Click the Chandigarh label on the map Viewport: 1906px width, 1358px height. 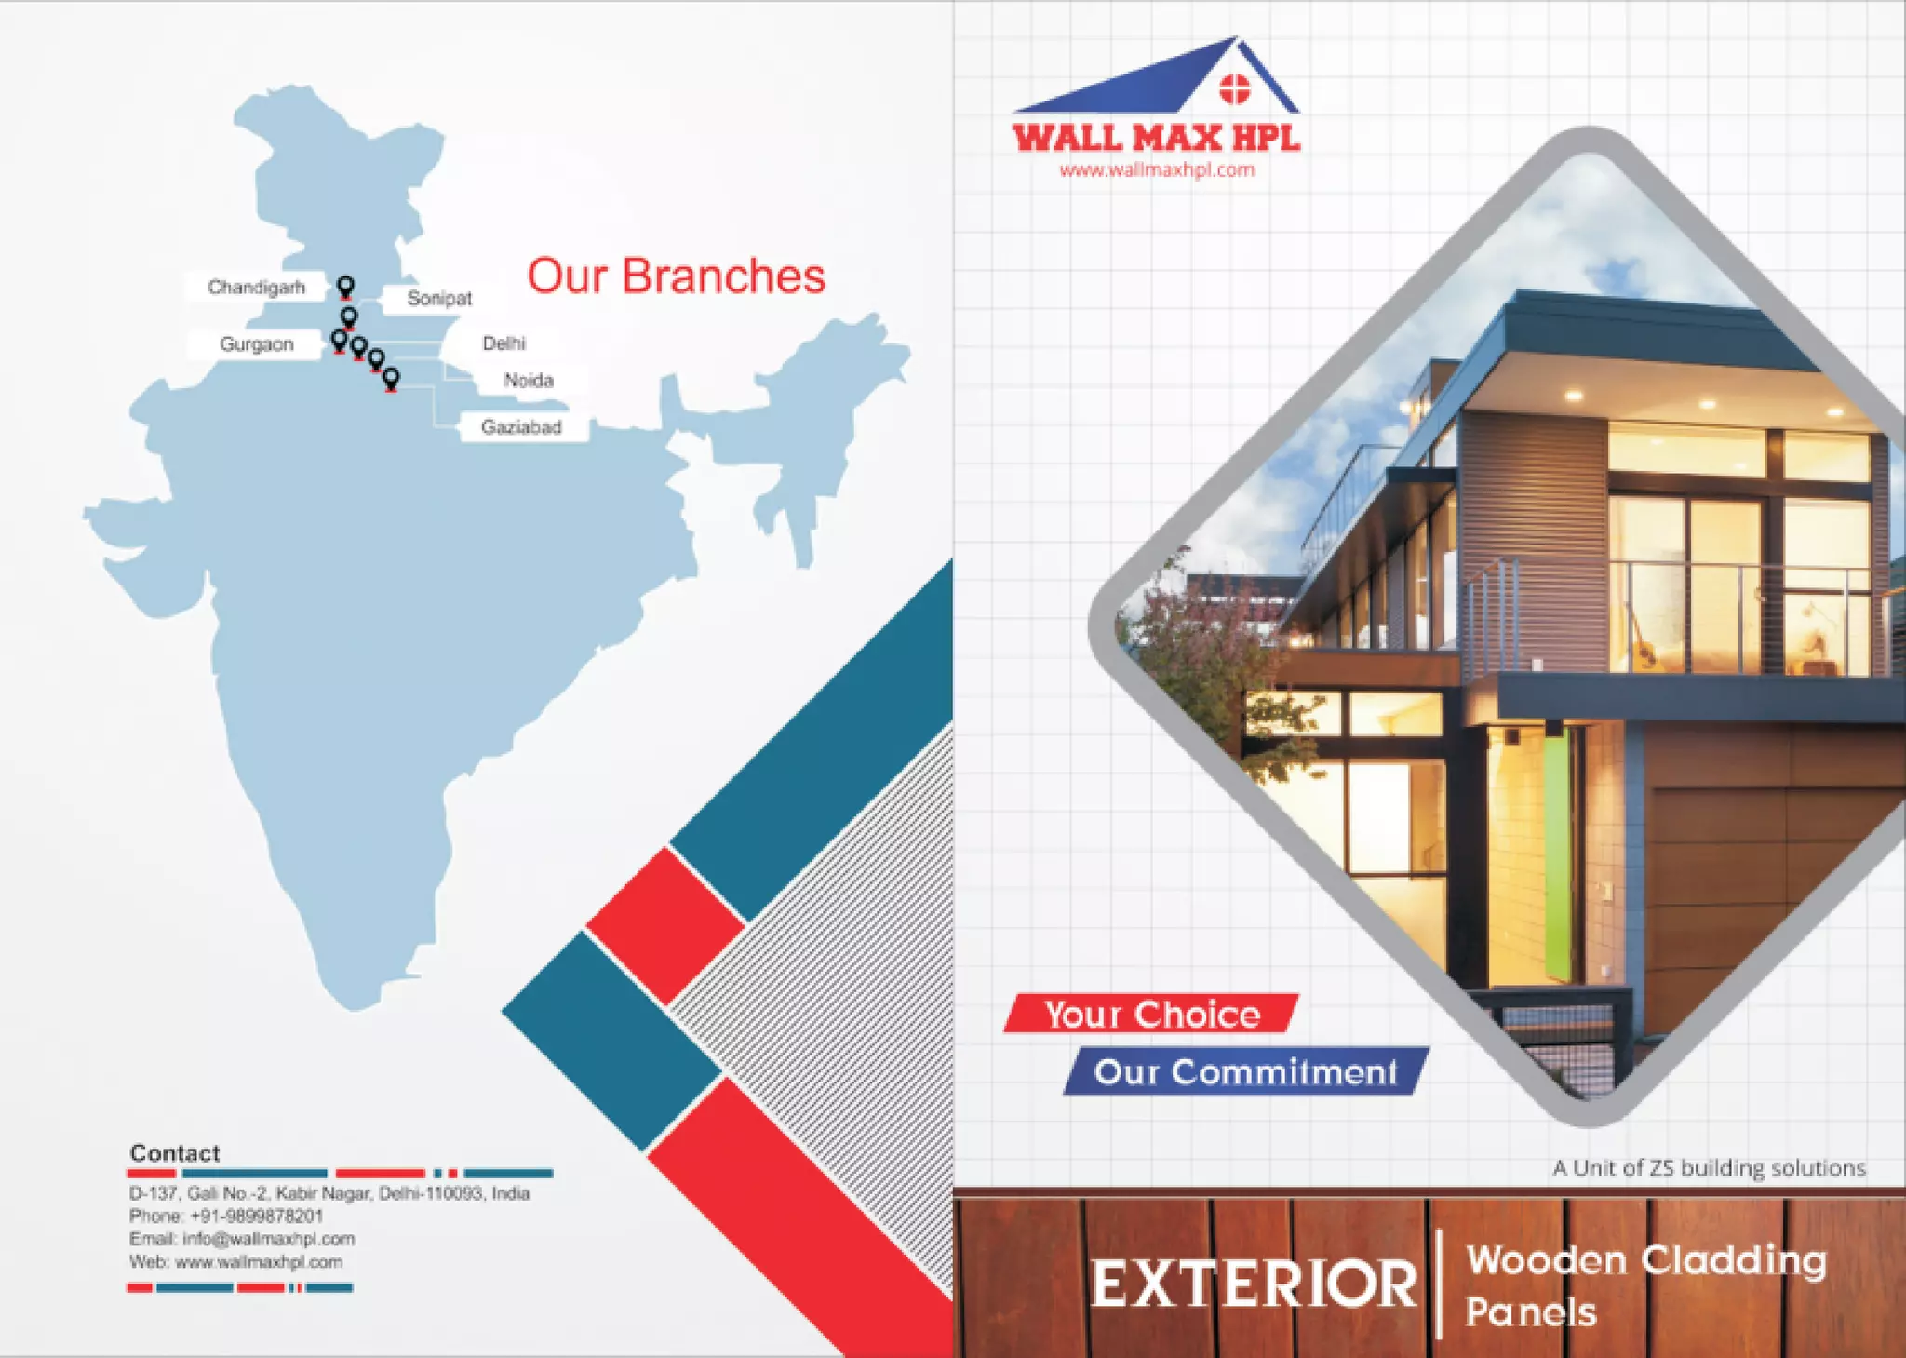tap(256, 287)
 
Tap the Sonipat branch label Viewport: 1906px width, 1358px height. tap(439, 298)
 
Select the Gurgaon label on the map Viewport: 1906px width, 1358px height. tap(257, 344)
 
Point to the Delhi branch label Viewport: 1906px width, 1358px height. tap(504, 343)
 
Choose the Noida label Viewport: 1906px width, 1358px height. tap(529, 380)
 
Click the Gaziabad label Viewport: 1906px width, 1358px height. tap(521, 427)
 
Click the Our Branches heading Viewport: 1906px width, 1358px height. tap(677, 276)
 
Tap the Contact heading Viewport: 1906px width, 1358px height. tap(175, 1153)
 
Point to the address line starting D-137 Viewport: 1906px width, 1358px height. tap(329, 1193)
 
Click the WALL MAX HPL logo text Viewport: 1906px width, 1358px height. tap(1156, 139)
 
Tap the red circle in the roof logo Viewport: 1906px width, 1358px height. tap(1234, 89)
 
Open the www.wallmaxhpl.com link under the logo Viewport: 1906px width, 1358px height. tap(1157, 170)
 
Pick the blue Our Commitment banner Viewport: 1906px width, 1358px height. tap(1245, 1072)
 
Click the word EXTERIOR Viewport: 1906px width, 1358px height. tap(1254, 1285)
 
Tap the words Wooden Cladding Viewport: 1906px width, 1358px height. tap(1645, 1260)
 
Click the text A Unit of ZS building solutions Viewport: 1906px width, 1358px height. tap(1709, 1168)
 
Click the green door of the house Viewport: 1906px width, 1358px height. tap(1557, 854)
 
